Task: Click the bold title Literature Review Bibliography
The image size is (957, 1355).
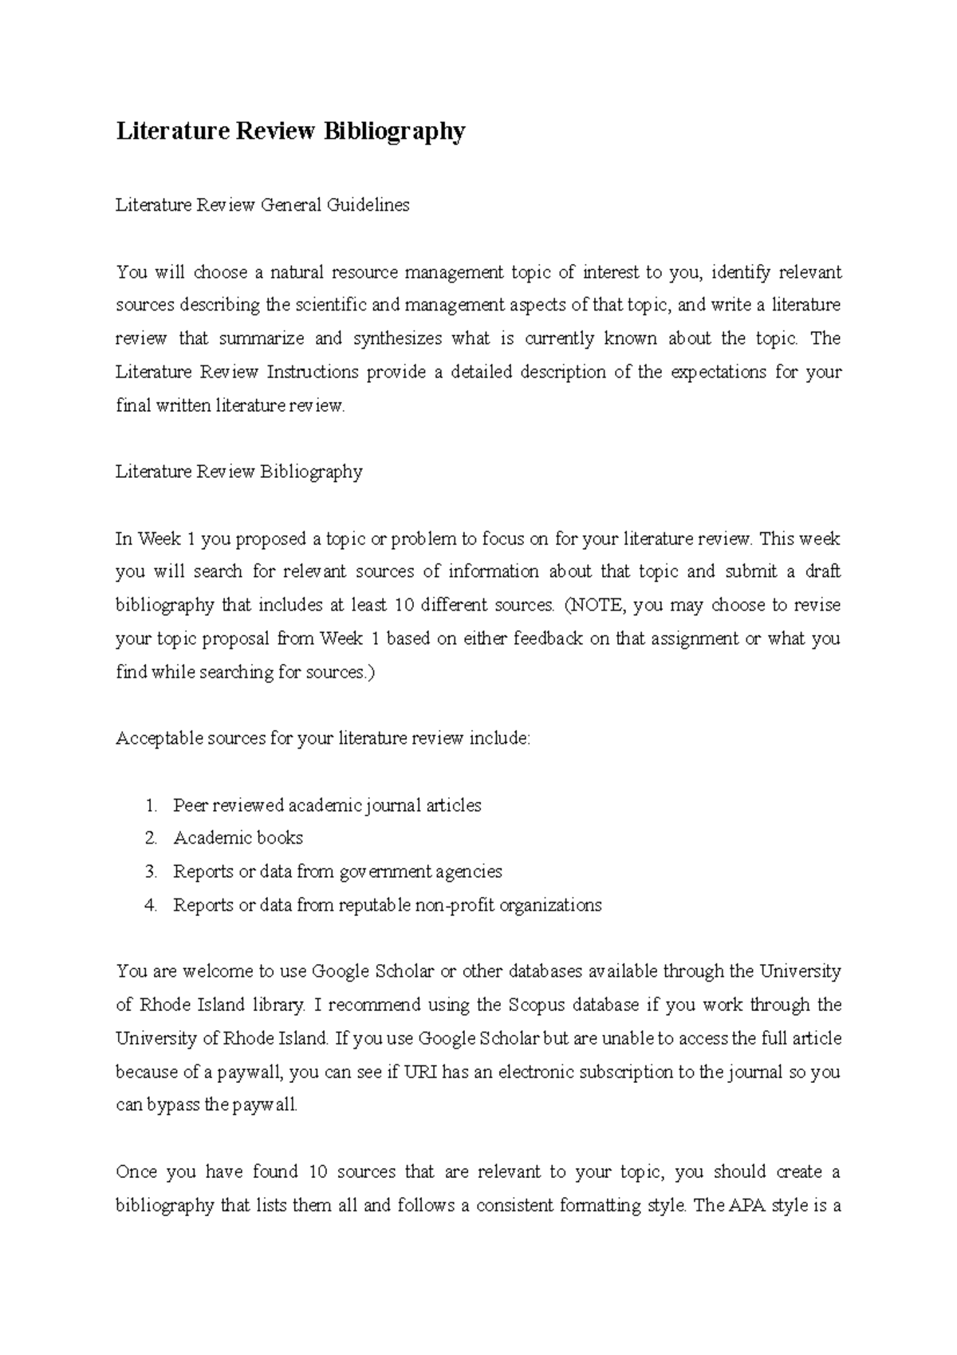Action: [290, 131]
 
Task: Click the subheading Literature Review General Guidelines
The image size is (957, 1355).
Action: [262, 205]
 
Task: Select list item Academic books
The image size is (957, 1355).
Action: [238, 838]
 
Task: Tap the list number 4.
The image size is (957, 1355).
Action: [151, 905]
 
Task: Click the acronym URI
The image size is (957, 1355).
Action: [419, 1072]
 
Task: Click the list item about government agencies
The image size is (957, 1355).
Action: [337, 871]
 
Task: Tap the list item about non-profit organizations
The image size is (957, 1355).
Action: [387, 905]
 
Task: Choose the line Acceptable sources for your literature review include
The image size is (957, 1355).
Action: [322, 738]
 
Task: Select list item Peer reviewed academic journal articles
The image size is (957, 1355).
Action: [327, 805]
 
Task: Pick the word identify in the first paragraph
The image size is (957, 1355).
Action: [741, 272]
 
